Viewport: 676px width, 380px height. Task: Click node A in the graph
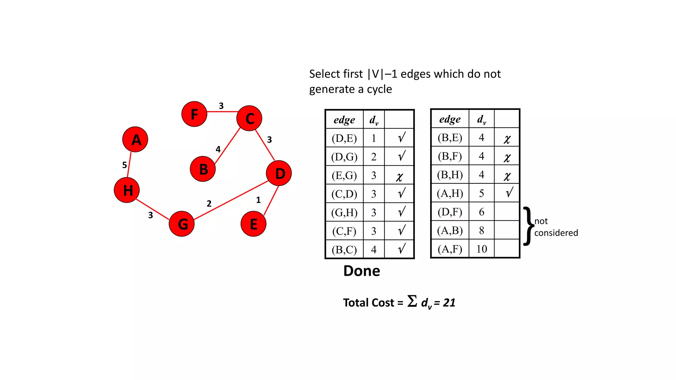[135, 140]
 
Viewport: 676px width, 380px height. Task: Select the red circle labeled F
[194, 114]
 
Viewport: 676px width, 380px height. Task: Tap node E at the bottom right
[253, 224]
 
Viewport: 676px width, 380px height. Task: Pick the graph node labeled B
[203, 169]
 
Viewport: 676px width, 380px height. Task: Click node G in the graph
[182, 224]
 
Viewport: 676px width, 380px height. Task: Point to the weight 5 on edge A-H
[124, 165]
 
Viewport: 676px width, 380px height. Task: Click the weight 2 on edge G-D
[209, 204]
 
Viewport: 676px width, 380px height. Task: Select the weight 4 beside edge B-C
[218, 149]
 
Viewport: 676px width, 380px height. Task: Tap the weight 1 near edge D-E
[258, 200]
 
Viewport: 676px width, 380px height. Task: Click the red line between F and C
[222, 112]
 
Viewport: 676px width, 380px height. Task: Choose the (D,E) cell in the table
[344, 138]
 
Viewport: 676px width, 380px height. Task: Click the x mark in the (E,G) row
[399, 176]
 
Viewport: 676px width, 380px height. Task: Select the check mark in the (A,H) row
[509, 192]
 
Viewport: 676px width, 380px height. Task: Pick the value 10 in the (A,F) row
[482, 249]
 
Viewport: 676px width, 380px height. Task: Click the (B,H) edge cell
[450, 174]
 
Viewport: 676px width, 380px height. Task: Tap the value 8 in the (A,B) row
[482, 230]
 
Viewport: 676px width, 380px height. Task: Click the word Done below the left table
[361, 271]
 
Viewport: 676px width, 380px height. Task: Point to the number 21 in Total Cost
[449, 302]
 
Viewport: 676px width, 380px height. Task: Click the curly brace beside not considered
[528, 226]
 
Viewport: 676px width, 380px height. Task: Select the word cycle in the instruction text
[379, 89]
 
